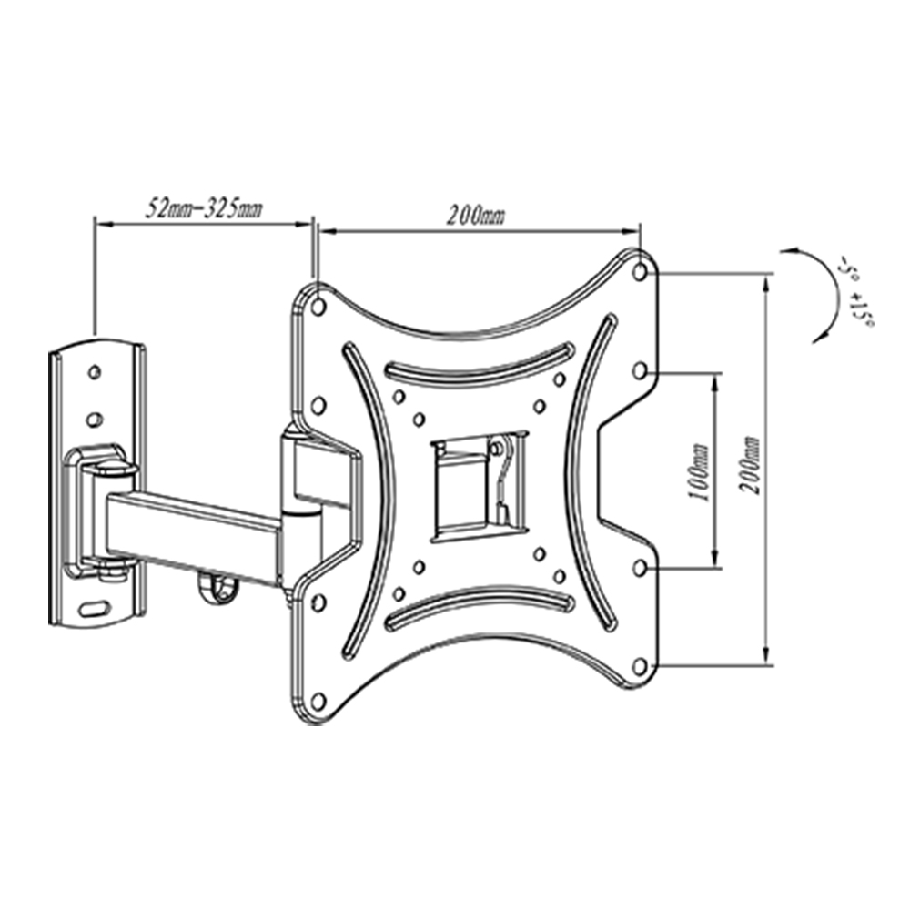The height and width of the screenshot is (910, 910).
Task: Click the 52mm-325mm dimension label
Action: [x=203, y=208]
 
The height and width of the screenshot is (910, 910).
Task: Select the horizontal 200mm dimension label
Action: [x=475, y=216]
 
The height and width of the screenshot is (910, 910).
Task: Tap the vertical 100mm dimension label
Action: [x=698, y=472]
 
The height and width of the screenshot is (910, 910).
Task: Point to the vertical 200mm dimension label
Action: [x=749, y=465]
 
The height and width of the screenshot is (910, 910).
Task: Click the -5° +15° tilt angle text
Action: [x=854, y=296]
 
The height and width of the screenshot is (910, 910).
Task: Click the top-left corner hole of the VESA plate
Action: [x=318, y=307]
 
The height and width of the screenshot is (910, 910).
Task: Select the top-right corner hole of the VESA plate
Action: [x=640, y=271]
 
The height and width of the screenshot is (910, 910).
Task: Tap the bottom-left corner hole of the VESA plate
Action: [x=318, y=701]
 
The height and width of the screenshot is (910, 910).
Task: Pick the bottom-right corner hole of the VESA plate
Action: [x=640, y=666]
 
